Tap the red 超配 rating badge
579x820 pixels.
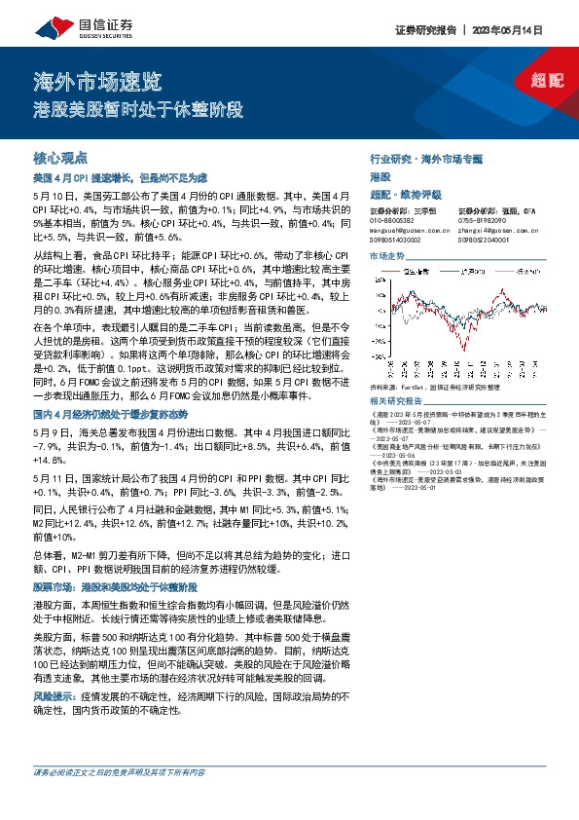(x=548, y=82)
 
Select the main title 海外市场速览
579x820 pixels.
(x=98, y=80)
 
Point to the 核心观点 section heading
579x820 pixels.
(x=60, y=157)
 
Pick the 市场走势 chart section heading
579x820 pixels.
(x=386, y=256)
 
